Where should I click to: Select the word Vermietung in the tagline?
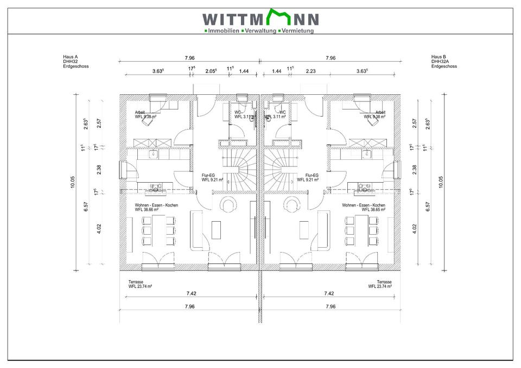(297, 31)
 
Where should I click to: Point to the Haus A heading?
(71, 56)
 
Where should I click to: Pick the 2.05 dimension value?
(211, 71)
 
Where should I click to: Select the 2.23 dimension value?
(311, 71)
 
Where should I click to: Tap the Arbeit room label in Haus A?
(140, 112)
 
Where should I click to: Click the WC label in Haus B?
(282, 112)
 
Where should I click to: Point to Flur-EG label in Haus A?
(208, 176)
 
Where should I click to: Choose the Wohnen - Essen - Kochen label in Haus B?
(364, 205)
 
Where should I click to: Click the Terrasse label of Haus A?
(136, 282)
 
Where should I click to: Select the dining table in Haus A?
(159, 230)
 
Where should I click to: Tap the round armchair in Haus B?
(294, 204)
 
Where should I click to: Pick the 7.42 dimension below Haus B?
(329, 293)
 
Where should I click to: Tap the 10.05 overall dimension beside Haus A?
(72, 182)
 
